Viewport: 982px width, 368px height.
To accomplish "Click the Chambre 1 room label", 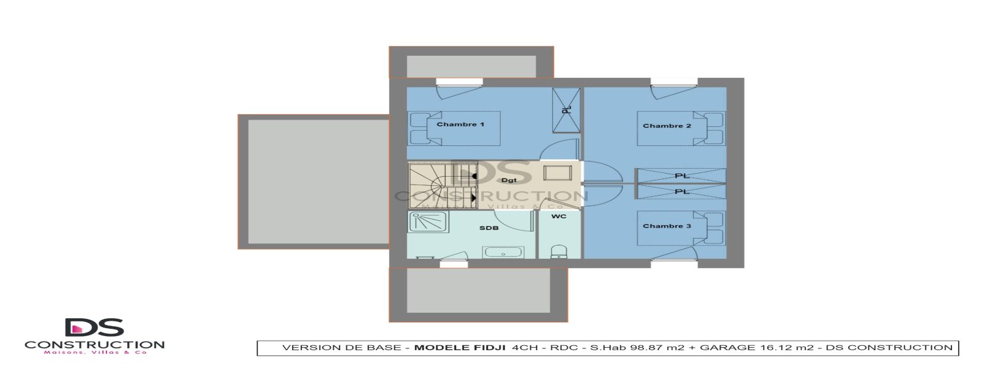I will coord(460,125).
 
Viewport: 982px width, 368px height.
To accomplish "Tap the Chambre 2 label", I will coord(667,126).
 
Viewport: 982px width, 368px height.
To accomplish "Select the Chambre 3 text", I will coord(667,226).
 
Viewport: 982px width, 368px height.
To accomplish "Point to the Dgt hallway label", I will coord(509,180).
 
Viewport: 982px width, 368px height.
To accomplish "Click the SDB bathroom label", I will coord(489,228).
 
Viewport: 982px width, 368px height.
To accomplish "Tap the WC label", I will coord(559,217).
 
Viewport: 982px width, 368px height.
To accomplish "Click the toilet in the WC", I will coord(559,252).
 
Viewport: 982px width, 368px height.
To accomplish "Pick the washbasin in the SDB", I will coord(503,252).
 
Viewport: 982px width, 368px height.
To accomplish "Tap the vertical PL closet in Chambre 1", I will coord(566,110).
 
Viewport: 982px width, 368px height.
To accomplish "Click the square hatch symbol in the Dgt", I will coord(557,172).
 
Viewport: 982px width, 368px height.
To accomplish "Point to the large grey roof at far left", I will coord(314,182).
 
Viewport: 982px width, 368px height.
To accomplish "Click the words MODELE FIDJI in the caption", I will coord(460,348).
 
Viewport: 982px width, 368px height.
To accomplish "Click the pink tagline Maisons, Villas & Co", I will coord(95,353).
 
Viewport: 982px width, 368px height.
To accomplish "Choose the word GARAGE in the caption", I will coord(727,348).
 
